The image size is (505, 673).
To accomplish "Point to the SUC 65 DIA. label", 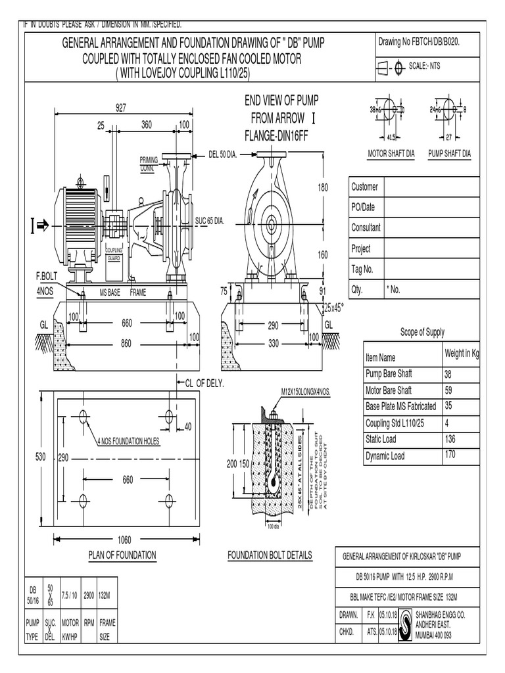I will click(210, 221).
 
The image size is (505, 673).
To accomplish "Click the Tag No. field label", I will click(362, 269).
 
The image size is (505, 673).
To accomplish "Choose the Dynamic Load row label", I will click(385, 456).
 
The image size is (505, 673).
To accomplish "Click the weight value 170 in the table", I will click(452, 454).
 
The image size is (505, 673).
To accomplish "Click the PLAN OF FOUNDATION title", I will click(122, 555).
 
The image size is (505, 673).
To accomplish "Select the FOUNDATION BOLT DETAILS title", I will click(270, 555).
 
